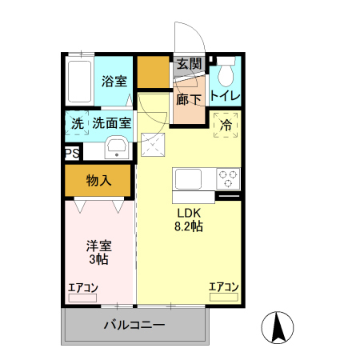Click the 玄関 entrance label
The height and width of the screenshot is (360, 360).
(x=190, y=65)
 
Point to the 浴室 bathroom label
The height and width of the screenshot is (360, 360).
(x=114, y=81)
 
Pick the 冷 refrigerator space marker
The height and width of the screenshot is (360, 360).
(x=226, y=125)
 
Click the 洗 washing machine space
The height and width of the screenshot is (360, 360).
(x=77, y=124)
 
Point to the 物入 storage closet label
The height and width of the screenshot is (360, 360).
(x=98, y=181)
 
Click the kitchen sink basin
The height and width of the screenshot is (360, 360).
(x=186, y=178)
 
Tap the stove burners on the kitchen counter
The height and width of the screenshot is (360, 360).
(x=226, y=178)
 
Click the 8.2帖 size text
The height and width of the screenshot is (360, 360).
(x=189, y=226)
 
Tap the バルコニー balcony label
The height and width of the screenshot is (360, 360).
(x=134, y=326)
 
